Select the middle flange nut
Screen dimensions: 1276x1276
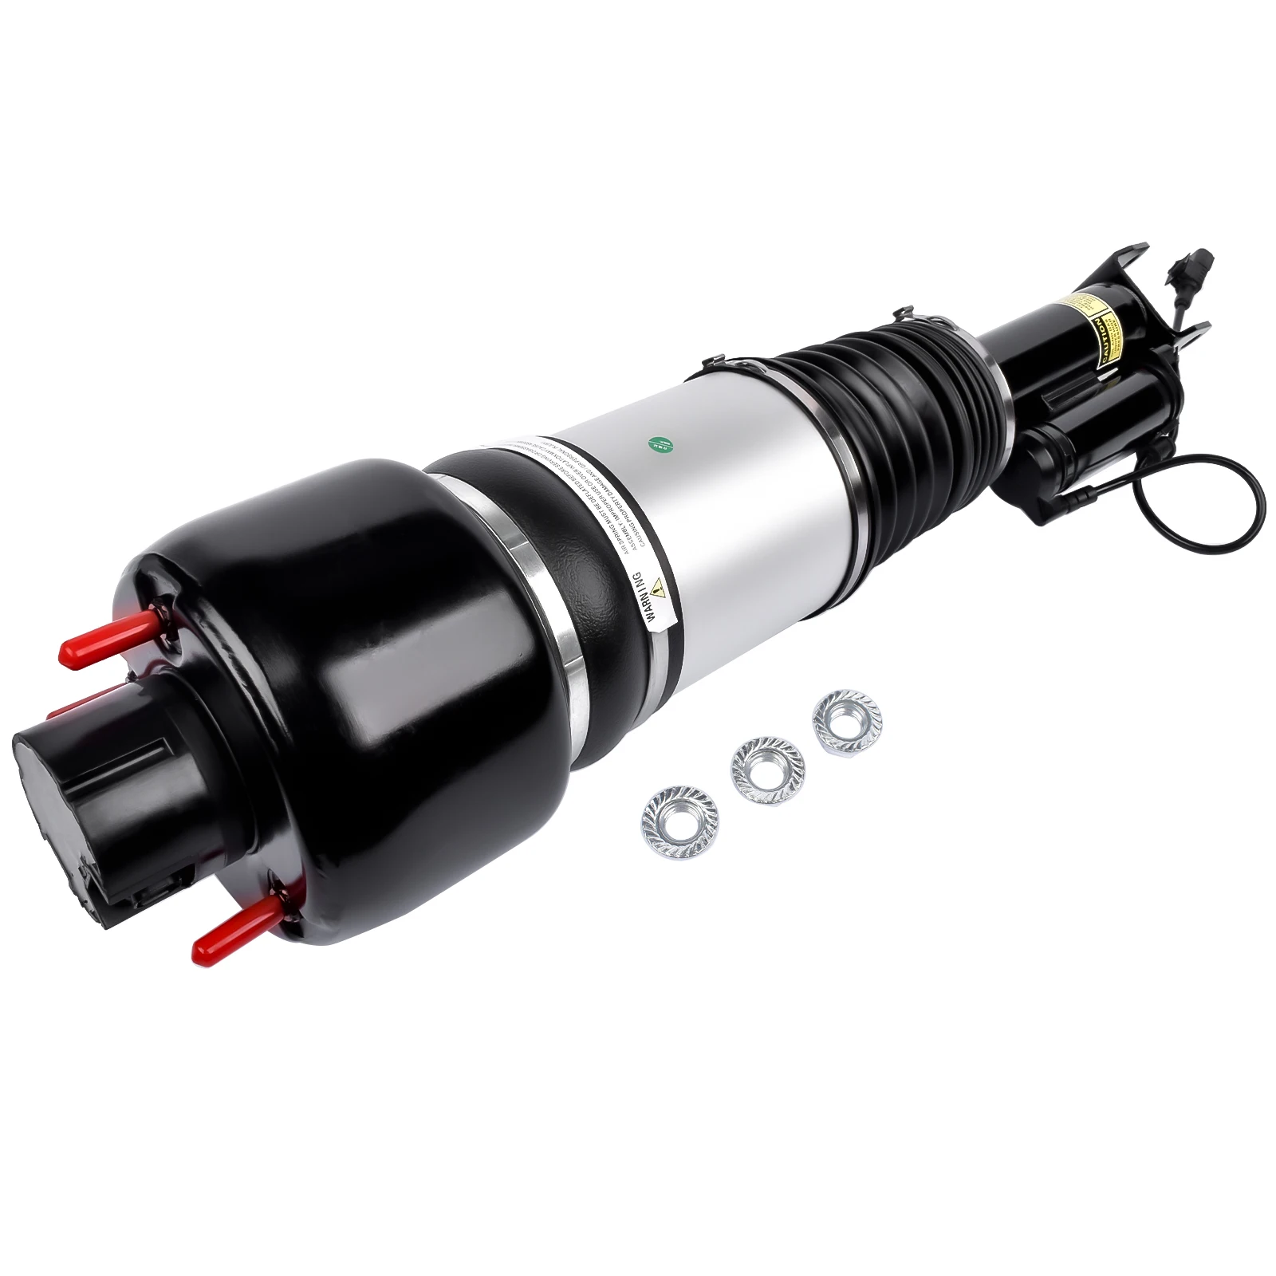(767, 770)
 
